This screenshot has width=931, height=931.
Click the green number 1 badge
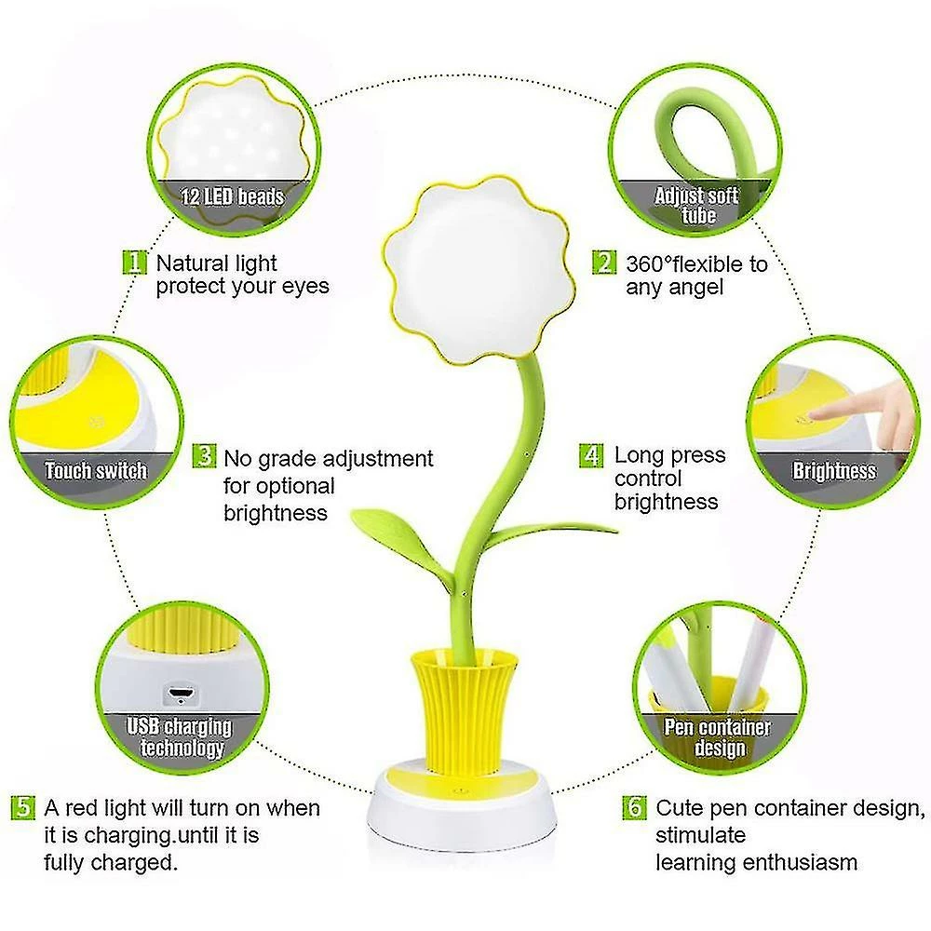click(x=135, y=263)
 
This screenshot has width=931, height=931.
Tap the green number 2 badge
click(x=604, y=263)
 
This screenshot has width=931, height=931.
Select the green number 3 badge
click(x=204, y=456)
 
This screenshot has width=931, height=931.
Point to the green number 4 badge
click(x=591, y=455)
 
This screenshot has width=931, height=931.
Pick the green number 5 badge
click(x=23, y=807)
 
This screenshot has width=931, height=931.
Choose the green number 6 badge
click(x=635, y=807)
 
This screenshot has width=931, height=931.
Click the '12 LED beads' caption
click(x=232, y=196)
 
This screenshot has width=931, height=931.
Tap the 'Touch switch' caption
click(x=96, y=471)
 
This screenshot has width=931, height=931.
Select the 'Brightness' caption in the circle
click(x=834, y=471)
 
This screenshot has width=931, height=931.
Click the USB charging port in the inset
click(x=181, y=694)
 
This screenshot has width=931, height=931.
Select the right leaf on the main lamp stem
click(x=555, y=530)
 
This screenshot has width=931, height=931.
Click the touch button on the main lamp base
click(x=460, y=791)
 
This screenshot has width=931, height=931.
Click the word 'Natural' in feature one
click(x=193, y=263)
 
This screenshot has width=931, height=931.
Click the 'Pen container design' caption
click(x=717, y=737)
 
